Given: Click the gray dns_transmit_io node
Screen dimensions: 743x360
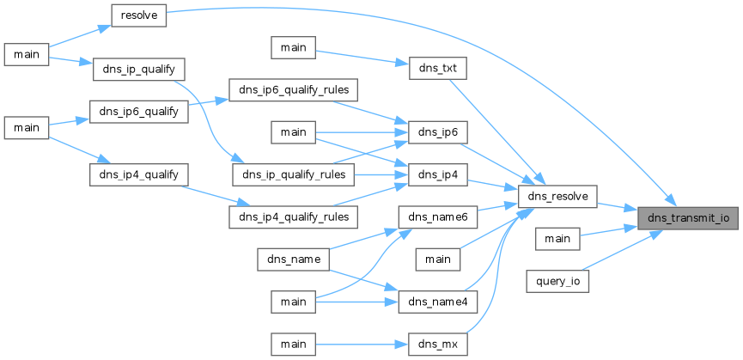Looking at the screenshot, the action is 687,218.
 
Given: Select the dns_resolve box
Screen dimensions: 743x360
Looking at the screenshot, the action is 557,196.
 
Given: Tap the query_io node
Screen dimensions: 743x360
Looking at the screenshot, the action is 557,281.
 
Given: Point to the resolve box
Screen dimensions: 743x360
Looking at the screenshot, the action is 138,15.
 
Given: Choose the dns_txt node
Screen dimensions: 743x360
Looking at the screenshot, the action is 438,68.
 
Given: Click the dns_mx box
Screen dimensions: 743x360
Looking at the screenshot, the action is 438,345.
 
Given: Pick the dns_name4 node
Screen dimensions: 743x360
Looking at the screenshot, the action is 438,302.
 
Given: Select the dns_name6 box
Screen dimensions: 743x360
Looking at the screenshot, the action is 438,217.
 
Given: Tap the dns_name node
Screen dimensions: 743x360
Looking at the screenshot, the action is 293,259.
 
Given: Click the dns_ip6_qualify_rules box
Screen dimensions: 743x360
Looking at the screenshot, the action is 293,90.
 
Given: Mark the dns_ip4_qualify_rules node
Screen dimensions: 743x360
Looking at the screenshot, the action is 293,217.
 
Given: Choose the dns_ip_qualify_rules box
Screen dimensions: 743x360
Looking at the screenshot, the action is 293,174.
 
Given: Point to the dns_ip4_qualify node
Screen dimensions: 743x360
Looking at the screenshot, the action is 139,174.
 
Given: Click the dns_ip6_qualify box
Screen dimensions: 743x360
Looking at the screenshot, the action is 139,112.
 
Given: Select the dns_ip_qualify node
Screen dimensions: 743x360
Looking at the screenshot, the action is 139,69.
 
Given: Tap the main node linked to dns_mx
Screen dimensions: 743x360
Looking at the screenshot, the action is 293,345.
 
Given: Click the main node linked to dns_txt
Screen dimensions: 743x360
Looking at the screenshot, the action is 293,47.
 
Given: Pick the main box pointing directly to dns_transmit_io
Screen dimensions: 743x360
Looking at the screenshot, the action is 557,239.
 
